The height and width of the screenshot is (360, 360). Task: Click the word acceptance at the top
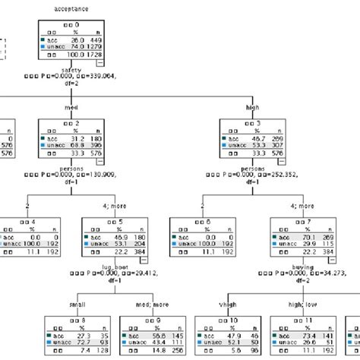pos(71,9)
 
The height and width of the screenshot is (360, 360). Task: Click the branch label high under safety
pos(252,107)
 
